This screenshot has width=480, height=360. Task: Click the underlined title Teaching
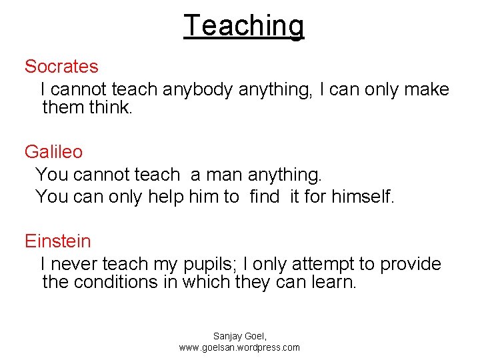coord(243,26)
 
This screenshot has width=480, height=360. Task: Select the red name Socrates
coord(61,67)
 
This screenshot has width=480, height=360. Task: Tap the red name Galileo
coord(54,152)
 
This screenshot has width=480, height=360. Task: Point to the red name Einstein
coord(58,241)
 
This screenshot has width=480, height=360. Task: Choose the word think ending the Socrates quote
coord(111,107)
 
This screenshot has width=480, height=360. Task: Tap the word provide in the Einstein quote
coord(410,265)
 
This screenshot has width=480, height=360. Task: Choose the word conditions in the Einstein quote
coord(116,282)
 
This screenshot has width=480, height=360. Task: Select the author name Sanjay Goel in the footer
coord(239,337)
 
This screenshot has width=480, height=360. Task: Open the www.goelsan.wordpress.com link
coord(239,347)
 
